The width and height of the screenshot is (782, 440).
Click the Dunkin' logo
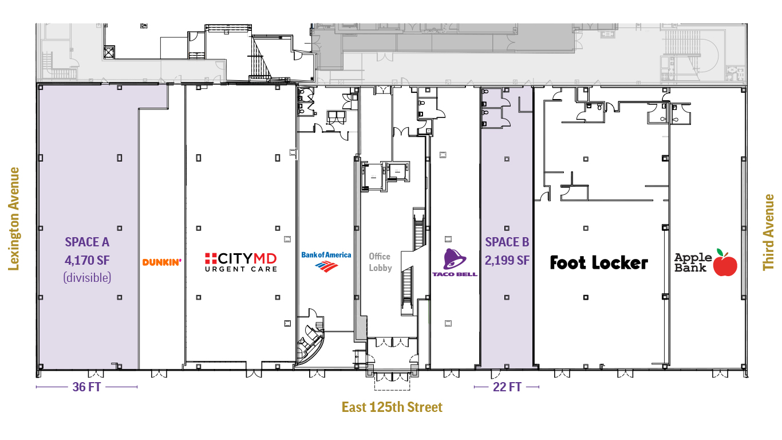point(161,262)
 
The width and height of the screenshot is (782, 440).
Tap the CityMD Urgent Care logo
point(241,262)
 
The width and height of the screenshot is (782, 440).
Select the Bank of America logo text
point(326,255)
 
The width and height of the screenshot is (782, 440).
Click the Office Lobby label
point(380,262)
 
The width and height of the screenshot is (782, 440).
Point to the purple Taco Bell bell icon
point(455,260)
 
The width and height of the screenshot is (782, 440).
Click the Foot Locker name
point(599,263)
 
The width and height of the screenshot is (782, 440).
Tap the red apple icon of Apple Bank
point(725,264)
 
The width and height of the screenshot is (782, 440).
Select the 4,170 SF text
point(87,261)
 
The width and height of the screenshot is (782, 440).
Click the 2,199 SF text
point(507,261)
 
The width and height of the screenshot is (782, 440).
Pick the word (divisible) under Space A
point(87,278)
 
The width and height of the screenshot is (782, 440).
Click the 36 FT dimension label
point(86,387)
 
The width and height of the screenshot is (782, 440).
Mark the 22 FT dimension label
point(507,387)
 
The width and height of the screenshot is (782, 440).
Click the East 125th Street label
point(392,407)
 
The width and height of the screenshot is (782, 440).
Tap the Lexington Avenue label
point(14,218)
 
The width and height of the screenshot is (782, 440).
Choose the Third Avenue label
point(769,232)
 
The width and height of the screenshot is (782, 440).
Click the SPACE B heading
point(507,242)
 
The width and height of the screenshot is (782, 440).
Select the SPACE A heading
point(87,242)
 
